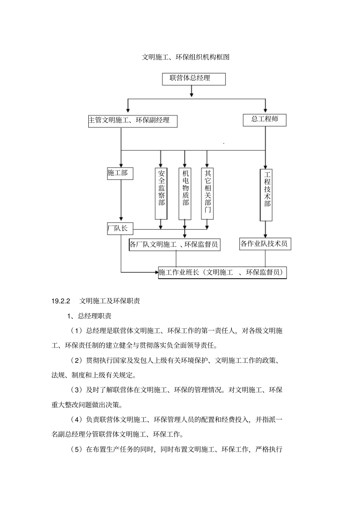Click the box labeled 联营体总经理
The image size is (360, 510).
click(x=193, y=79)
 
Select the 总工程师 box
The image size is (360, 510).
click(x=265, y=119)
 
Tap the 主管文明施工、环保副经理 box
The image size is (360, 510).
click(x=133, y=121)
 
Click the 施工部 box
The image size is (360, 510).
click(x=120, y=173)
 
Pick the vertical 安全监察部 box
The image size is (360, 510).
click(x=161, y=193)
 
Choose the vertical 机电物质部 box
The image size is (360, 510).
click(x=185, y=193)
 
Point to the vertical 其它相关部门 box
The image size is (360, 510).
click(x=207, y=193)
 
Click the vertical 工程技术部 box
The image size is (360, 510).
click(x=266, y=195)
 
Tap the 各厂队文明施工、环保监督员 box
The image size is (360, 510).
click(x=175, y=245)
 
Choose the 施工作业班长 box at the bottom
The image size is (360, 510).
click(x=222, y=273)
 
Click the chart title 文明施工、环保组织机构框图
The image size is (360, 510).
click(x=186, y=57)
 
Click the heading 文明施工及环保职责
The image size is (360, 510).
click(x=110, y=301)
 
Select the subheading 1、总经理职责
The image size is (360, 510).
click(x=89, y=316)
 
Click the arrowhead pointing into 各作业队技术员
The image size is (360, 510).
click(x=265, y=235)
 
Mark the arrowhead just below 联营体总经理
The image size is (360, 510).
click(x=192, y=93)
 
